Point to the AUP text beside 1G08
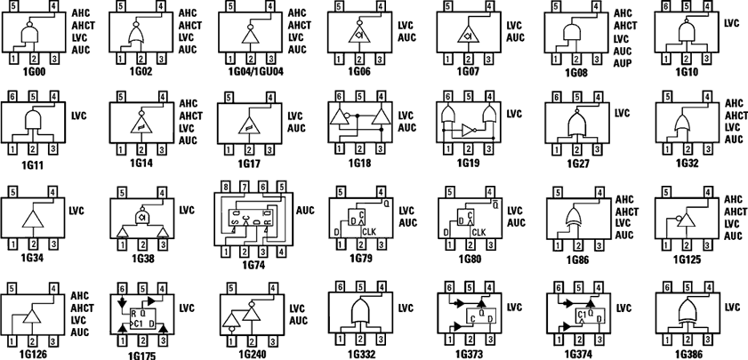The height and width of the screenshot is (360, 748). (x=626, y=64)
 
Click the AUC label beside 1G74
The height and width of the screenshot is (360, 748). (x=305, y=211)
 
